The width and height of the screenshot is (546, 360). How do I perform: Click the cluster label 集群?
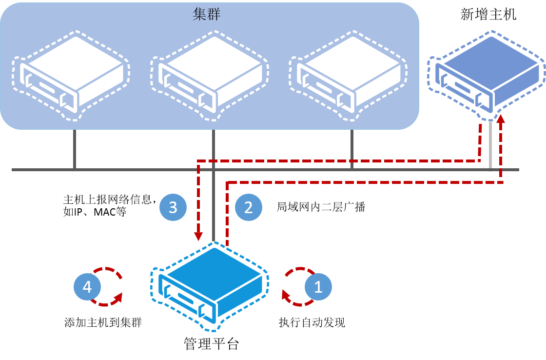point(207,14)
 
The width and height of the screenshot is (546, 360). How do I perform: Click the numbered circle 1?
point(318,287)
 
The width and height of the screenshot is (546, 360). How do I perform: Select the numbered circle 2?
point(249,208)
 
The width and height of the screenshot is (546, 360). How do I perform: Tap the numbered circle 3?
point(173,208)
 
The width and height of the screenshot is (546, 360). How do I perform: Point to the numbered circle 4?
point(87,287)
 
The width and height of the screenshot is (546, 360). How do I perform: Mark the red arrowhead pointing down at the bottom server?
point(198,237)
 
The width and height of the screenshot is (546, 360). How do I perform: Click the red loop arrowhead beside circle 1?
point(285,294)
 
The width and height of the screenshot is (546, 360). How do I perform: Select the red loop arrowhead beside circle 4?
point(118,295)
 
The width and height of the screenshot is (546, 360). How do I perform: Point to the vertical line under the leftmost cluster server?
point(75,149)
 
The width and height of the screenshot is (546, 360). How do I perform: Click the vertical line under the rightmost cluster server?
point(351,149)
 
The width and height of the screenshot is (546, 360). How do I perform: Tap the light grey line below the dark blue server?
point(490,146)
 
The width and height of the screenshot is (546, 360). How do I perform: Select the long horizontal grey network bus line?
point(122,170)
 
